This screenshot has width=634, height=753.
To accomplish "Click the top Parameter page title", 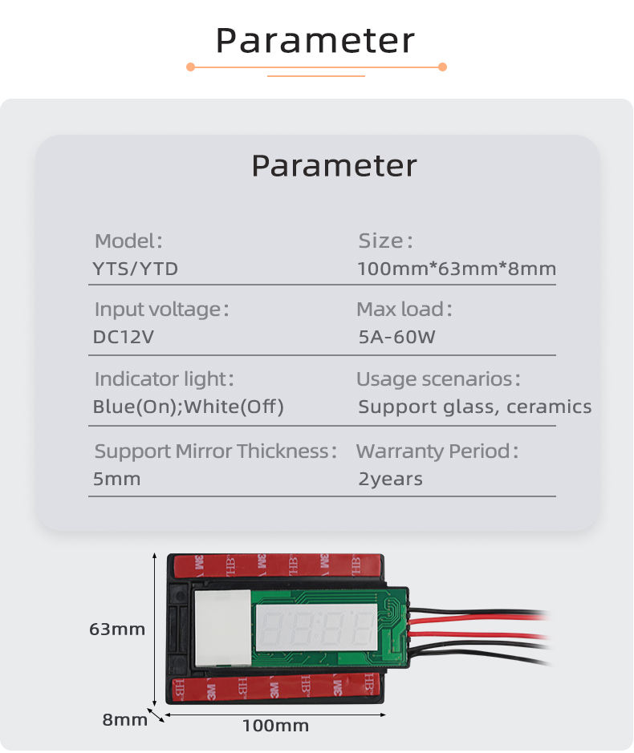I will [315, 40].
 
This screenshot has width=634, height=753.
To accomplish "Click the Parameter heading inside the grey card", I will [334, 165].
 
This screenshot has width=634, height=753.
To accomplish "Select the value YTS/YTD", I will [136, 269].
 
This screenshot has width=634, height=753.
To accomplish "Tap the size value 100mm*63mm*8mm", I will [457, 269].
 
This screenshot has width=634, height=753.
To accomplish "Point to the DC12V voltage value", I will [123, 337].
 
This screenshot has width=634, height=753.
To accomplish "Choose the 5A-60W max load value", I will [396, 337].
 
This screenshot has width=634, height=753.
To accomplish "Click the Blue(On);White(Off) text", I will [189, 407].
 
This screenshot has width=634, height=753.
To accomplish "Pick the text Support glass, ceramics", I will [474, 407].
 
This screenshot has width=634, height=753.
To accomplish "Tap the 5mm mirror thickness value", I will [117, 479].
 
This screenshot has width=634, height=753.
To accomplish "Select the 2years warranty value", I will [390, 479].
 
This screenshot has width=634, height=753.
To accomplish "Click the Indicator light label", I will [165, 379].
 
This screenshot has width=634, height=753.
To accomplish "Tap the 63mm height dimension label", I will [117, 629].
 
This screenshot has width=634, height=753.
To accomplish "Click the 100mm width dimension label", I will [275, 726].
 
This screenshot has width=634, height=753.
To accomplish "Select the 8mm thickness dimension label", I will [124, 719].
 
